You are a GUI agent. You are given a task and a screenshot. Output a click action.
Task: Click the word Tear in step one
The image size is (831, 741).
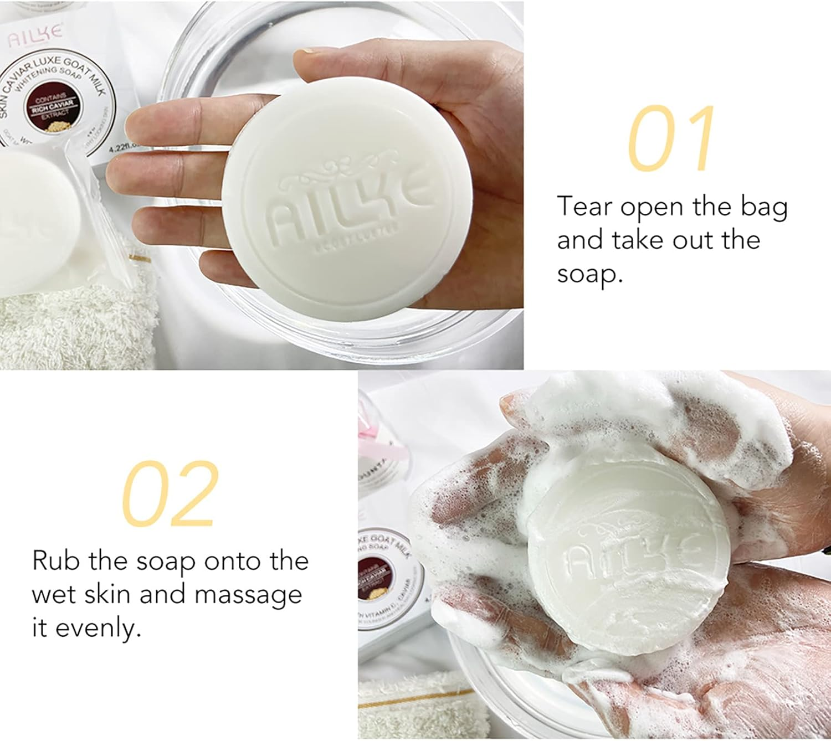click(x=584, y=206)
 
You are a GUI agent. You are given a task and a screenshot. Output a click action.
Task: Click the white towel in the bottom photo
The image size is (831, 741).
click(x=410, y=703)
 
